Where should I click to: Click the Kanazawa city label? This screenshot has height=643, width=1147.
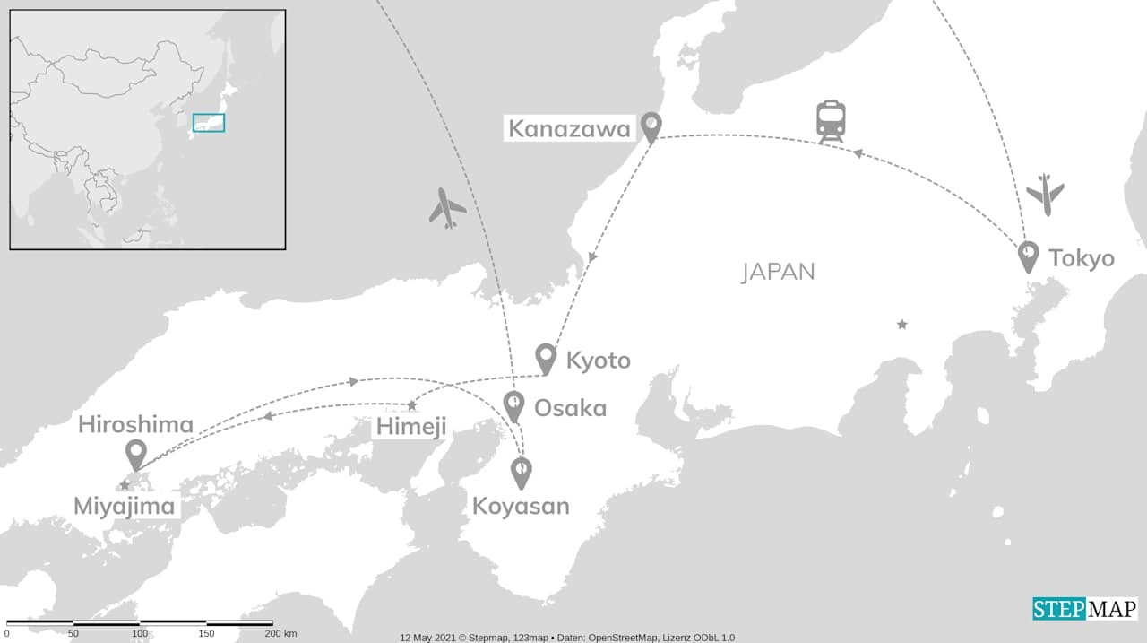(570, 129)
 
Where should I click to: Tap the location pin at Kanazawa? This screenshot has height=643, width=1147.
(651, 126)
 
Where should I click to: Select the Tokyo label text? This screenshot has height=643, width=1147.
(1082, 258)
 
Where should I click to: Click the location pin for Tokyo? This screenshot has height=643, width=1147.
(1029, 256)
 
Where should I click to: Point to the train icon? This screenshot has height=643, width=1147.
(831, 122)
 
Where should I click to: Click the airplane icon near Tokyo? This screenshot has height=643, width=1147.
(1045, 194)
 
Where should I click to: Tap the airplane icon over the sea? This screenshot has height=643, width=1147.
(447, 208)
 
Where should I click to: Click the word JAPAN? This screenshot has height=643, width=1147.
(779, 272)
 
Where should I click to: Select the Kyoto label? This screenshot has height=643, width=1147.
(598, 361)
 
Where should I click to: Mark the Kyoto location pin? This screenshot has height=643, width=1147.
(546, 358)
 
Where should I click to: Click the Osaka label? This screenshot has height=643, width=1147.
(570, 408)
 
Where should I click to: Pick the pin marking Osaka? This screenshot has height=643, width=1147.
(513, 405)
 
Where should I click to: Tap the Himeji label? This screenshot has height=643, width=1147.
(410, 427)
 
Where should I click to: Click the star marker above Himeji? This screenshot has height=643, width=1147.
(412, 405)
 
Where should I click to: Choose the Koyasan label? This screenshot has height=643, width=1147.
(521, 506)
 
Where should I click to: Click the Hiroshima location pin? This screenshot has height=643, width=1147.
(136, 454)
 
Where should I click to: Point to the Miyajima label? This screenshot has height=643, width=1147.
(125, 507)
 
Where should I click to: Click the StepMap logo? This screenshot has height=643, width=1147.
(1084, 609)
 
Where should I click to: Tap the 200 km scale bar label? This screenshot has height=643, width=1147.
(280, 634)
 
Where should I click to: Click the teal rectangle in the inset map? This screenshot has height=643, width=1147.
(209, 123)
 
